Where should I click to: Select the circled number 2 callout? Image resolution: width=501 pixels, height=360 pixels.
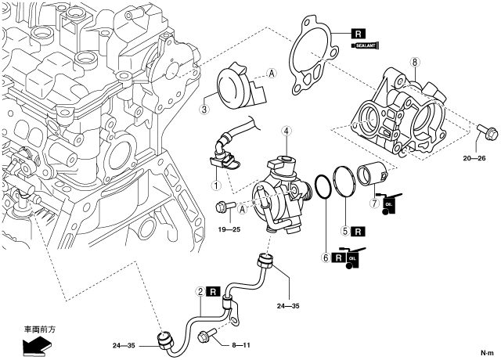[201, 292]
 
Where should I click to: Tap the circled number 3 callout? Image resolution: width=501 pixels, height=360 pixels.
[204, 110]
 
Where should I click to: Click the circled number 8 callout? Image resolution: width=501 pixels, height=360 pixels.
[415, 60]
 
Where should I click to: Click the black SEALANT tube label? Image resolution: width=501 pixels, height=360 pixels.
[366, 47]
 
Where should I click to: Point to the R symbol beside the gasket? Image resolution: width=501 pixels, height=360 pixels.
[359, 34]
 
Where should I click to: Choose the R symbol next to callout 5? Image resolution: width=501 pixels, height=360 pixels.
[358, 232]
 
